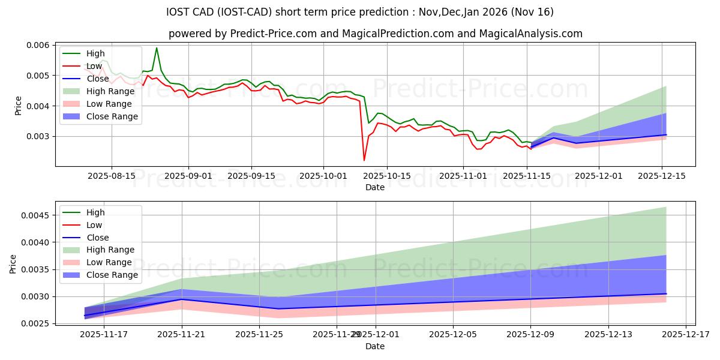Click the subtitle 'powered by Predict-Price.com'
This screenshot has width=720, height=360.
coord(375,34)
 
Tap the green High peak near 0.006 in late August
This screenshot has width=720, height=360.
coord(157,48)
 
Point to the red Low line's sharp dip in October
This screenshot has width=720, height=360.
coord(364,160)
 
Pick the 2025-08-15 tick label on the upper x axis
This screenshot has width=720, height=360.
coord(112,176)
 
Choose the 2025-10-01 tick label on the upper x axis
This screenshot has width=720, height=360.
coord(323,176)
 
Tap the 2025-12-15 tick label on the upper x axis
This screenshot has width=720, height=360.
coord(662,176)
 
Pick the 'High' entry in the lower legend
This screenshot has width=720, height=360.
coord(96,212)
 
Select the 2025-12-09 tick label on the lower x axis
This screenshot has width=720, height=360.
coord(530,335)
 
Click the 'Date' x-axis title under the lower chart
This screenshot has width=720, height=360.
coord(375,346)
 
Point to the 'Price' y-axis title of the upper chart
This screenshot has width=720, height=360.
coord(18,106)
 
